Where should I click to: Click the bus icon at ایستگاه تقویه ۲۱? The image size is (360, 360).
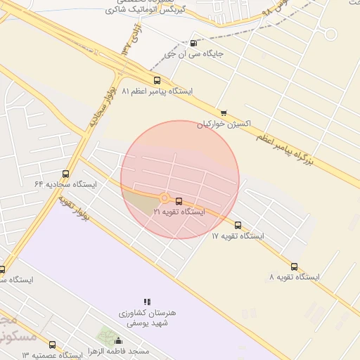pyautogui.click(x=179, y=201)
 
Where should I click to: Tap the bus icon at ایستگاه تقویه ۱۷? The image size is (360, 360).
pyautogui.click(x=238, y=226)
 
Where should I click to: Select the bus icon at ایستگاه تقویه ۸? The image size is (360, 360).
pyautogui.click(x=295, y=267)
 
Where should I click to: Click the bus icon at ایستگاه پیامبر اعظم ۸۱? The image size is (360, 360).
pyautogui.click(x=157, y=80)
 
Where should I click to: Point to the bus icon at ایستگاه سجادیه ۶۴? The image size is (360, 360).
pyautogui.click(x=66, y=174)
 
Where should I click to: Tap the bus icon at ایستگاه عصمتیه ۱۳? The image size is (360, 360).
pyautogui.click(x=53, y=345)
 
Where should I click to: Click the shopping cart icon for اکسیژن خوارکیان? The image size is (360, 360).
pyautogui.click(x=224, y=112)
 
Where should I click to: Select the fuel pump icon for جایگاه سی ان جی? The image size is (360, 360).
pyautogui.click(x=194, y=43)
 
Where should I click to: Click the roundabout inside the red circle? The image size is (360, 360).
pyautogui.click(x=164, y=199)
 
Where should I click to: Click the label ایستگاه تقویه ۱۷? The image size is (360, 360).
pyautogui.click(x=238, y=236)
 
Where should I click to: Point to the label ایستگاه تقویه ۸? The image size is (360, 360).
pyautogui.click(x=294, y=278)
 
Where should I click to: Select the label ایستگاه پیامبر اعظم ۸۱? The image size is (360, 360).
pyautogui.click(x=157, y=91)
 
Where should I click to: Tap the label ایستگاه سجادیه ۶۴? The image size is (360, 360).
pyautogui.click(x=66, y=184)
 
